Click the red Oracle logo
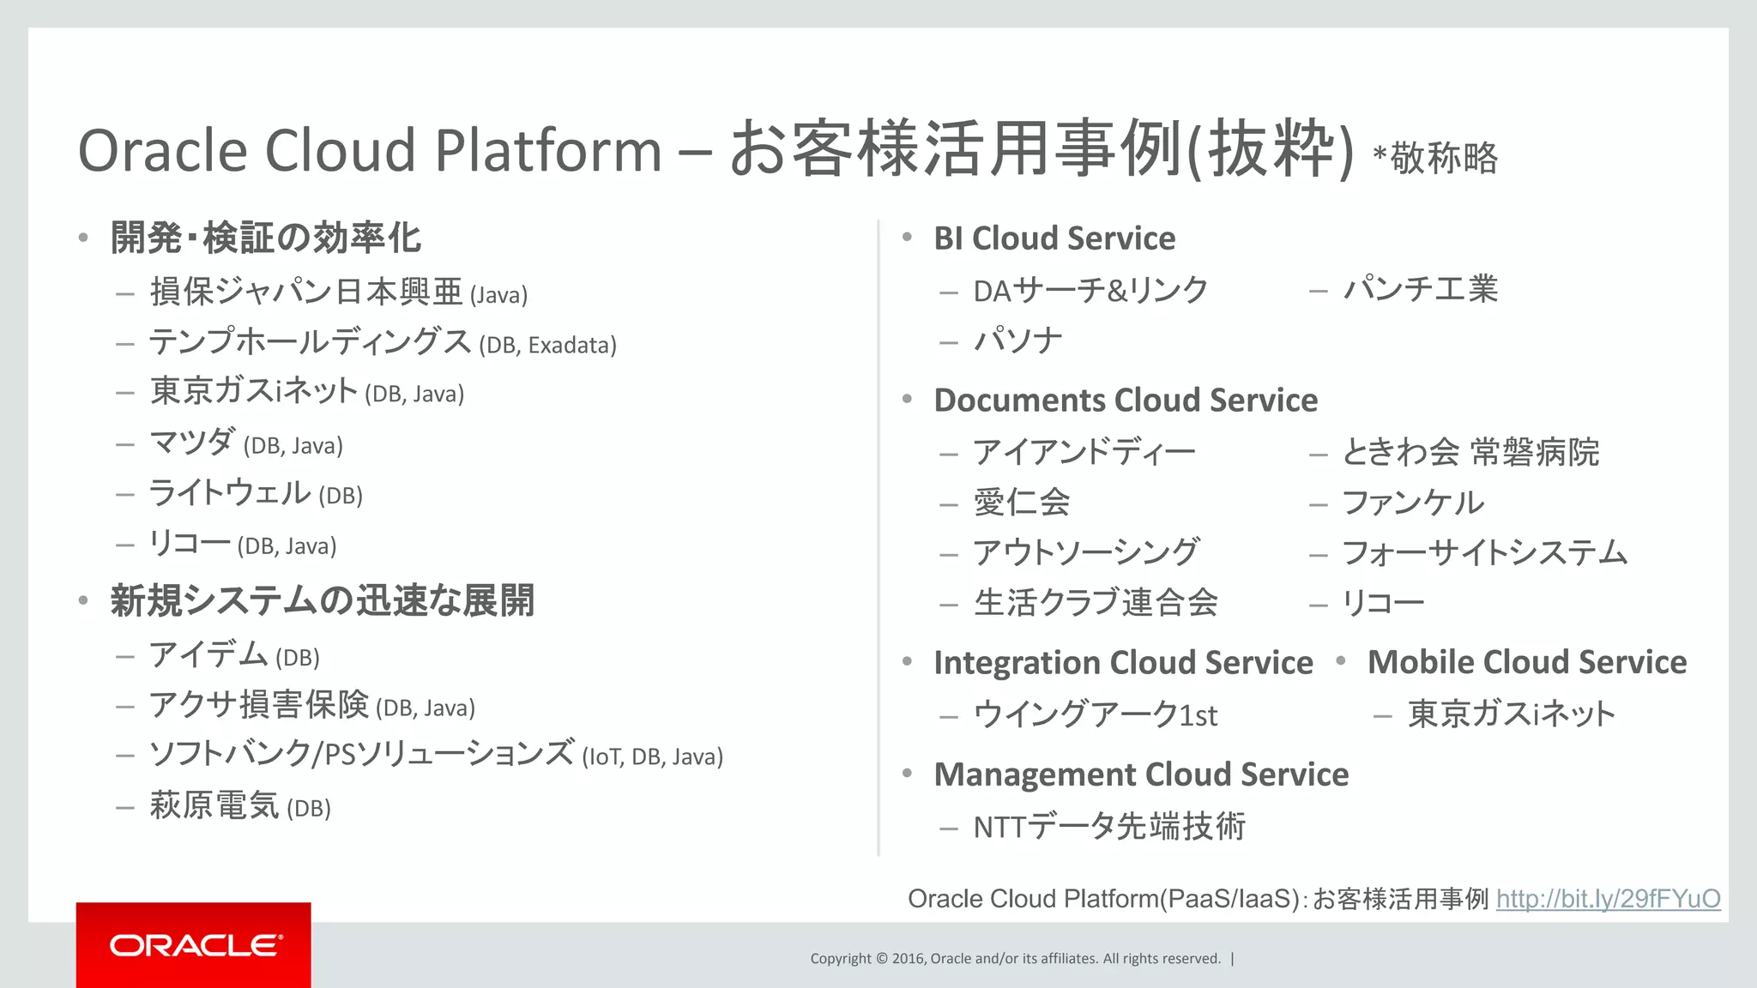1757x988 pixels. pos(194,944)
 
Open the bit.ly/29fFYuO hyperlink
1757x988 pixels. pos(1608,898)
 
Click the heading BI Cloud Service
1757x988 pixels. pos(1054,238)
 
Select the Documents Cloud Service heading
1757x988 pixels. pos(1125,401)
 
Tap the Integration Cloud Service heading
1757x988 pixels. pos(1122,663)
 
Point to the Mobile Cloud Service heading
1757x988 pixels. pos(1526,662)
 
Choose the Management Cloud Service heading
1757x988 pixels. pos(1140,774)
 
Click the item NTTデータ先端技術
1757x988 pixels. pos(1108,827)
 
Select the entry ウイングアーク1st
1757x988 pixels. pos(1095,714)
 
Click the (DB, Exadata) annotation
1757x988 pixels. pos(547,346)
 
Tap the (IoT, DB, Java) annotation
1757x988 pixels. pos(652,757)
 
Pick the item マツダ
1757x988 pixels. pos(192,443)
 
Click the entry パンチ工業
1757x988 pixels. pos(1420,289)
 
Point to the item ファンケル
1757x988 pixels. pos(1412,503)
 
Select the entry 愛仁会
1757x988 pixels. pos(1021,503)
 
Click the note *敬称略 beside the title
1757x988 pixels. pos(1435,159)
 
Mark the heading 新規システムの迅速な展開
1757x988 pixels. pos(322,600)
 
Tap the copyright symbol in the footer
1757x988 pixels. pos(882,959)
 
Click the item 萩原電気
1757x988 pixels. pos(214,805)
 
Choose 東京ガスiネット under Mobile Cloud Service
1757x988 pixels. pos(1511,714)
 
